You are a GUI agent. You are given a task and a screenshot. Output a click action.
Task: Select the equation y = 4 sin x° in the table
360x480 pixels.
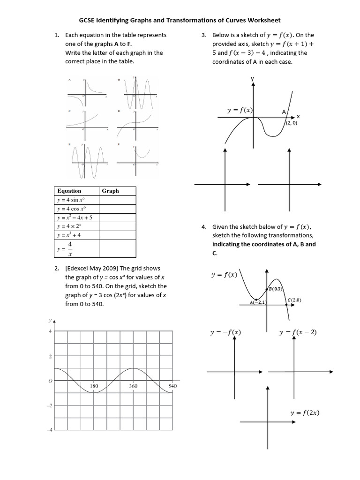tap(70, 200)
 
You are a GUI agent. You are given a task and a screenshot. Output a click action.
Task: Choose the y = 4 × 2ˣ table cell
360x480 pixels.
tap(69, 226)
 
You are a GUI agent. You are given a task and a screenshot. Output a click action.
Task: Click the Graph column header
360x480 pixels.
tap(110, 191)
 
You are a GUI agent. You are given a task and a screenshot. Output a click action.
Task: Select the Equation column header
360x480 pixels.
tap(69, 191)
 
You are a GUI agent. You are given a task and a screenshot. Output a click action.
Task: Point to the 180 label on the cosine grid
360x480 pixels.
tap(94, 386)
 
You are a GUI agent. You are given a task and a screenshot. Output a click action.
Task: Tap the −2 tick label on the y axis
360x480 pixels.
tap(48, 405)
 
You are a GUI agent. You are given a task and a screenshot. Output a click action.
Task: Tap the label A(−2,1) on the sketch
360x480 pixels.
tap(258, 302)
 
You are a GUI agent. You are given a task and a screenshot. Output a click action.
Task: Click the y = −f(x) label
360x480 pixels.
tap(225, 332)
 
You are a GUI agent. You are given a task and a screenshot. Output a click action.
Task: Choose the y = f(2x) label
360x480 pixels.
tap(305, 413)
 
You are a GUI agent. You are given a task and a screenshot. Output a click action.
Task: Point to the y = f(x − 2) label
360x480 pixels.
tap(298, 332)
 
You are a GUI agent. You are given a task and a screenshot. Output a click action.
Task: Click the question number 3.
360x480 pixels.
tap(204, 35)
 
